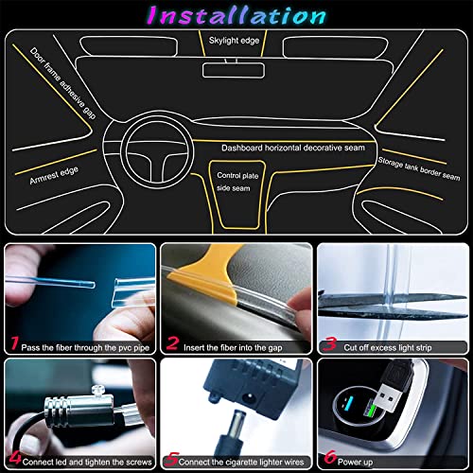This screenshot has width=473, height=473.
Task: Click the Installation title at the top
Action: click(x=236, y=15)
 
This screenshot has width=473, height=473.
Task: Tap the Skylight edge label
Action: click(x=234, y=41)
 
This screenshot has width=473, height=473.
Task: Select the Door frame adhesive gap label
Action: click(x=63, y=83)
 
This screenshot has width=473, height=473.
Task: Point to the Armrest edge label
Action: click(x=54, y=176)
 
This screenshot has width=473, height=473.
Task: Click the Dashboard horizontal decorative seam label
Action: click(x=293, y=148)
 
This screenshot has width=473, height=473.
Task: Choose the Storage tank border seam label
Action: click(x=419, y=168)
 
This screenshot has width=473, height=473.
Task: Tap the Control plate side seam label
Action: click(x=237, y=182)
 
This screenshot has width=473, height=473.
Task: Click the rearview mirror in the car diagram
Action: click(x=234, y=70)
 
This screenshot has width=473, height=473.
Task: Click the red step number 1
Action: click(x=14, y=343)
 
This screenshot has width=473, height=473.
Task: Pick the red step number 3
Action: click(x=330, y=343)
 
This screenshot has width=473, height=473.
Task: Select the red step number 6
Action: click(x=330, y=457)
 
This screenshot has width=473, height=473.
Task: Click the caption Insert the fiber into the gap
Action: click(x=233, y=347)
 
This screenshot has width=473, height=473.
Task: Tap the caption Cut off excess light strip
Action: click(x=388, y=347)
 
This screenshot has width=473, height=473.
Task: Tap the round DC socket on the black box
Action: click(x=249, y=397)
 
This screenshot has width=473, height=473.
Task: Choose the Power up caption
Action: click(x=355, y=463)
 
